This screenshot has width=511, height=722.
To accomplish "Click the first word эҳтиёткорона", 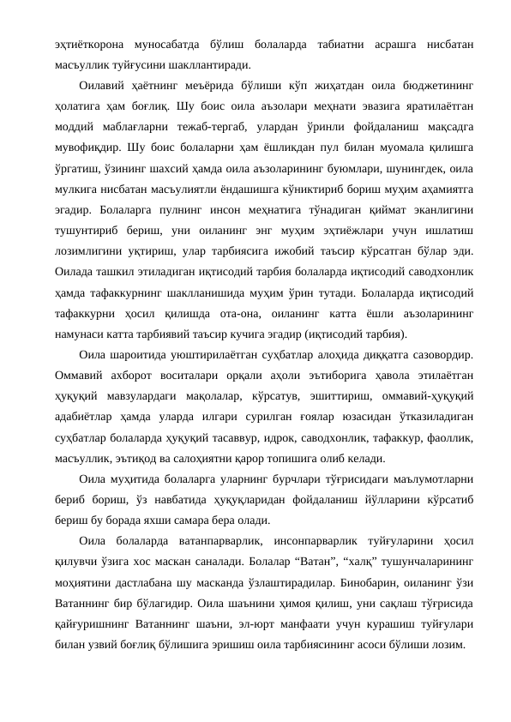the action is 81,42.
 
